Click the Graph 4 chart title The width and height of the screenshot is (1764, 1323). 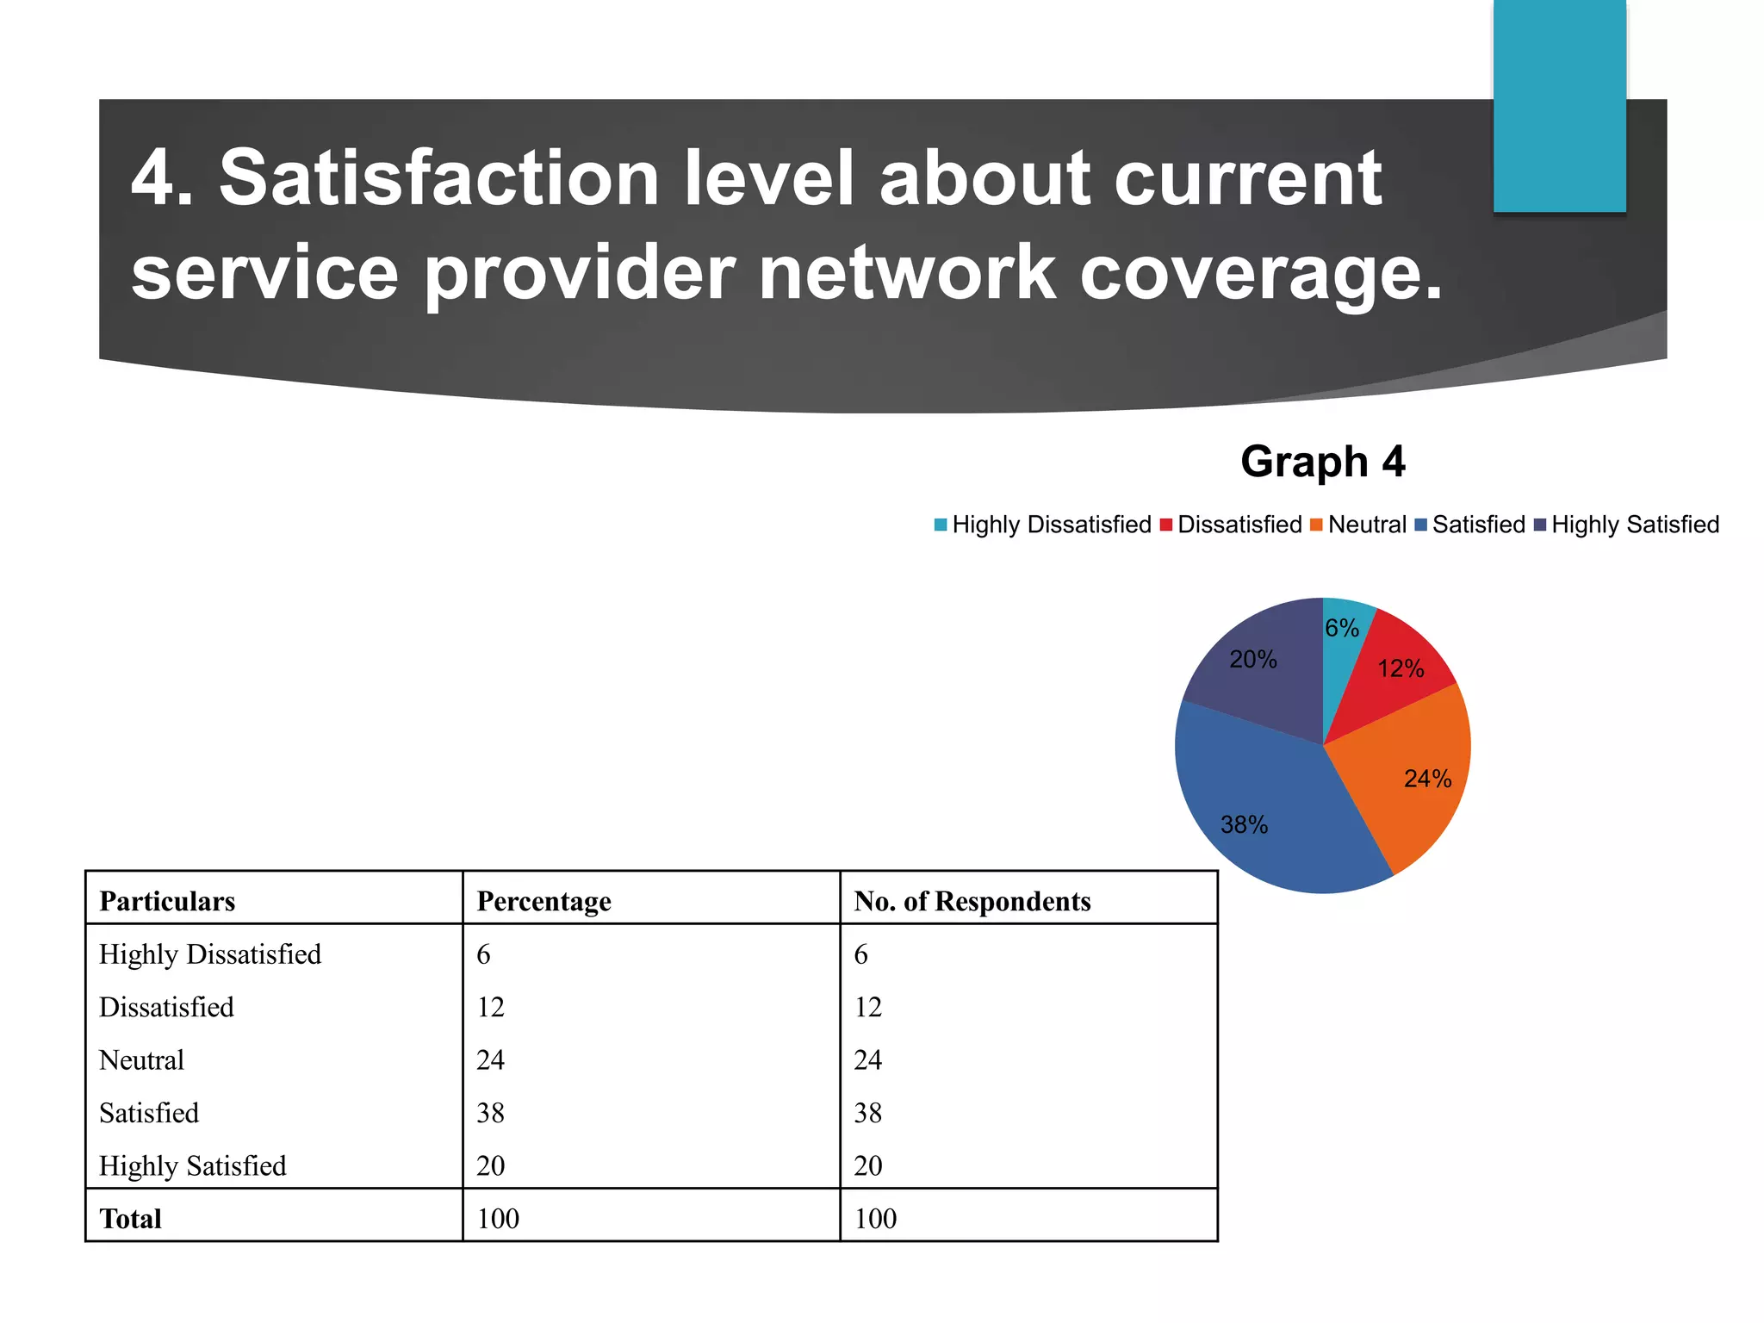coord(1322,462)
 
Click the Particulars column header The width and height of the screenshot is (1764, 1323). coord(167,901)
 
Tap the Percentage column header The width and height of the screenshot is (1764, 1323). coord(543,901)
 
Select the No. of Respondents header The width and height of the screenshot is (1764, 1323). coord(972,901)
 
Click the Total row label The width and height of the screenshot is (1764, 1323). coord(130,1219)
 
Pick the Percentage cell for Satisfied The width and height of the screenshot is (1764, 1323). coord(490,1113)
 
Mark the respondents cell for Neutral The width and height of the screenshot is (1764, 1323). coord(867,1059)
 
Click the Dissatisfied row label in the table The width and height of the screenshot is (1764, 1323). coord(166,1007)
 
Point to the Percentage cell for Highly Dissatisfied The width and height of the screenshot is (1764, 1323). coord(483,954)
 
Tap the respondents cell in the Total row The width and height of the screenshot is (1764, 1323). coord(875,1219)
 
